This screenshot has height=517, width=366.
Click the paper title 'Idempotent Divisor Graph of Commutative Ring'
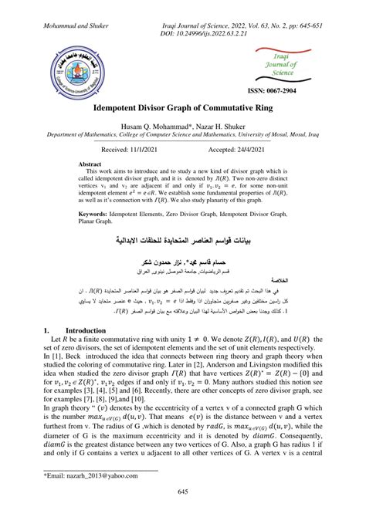pos(183,111)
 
